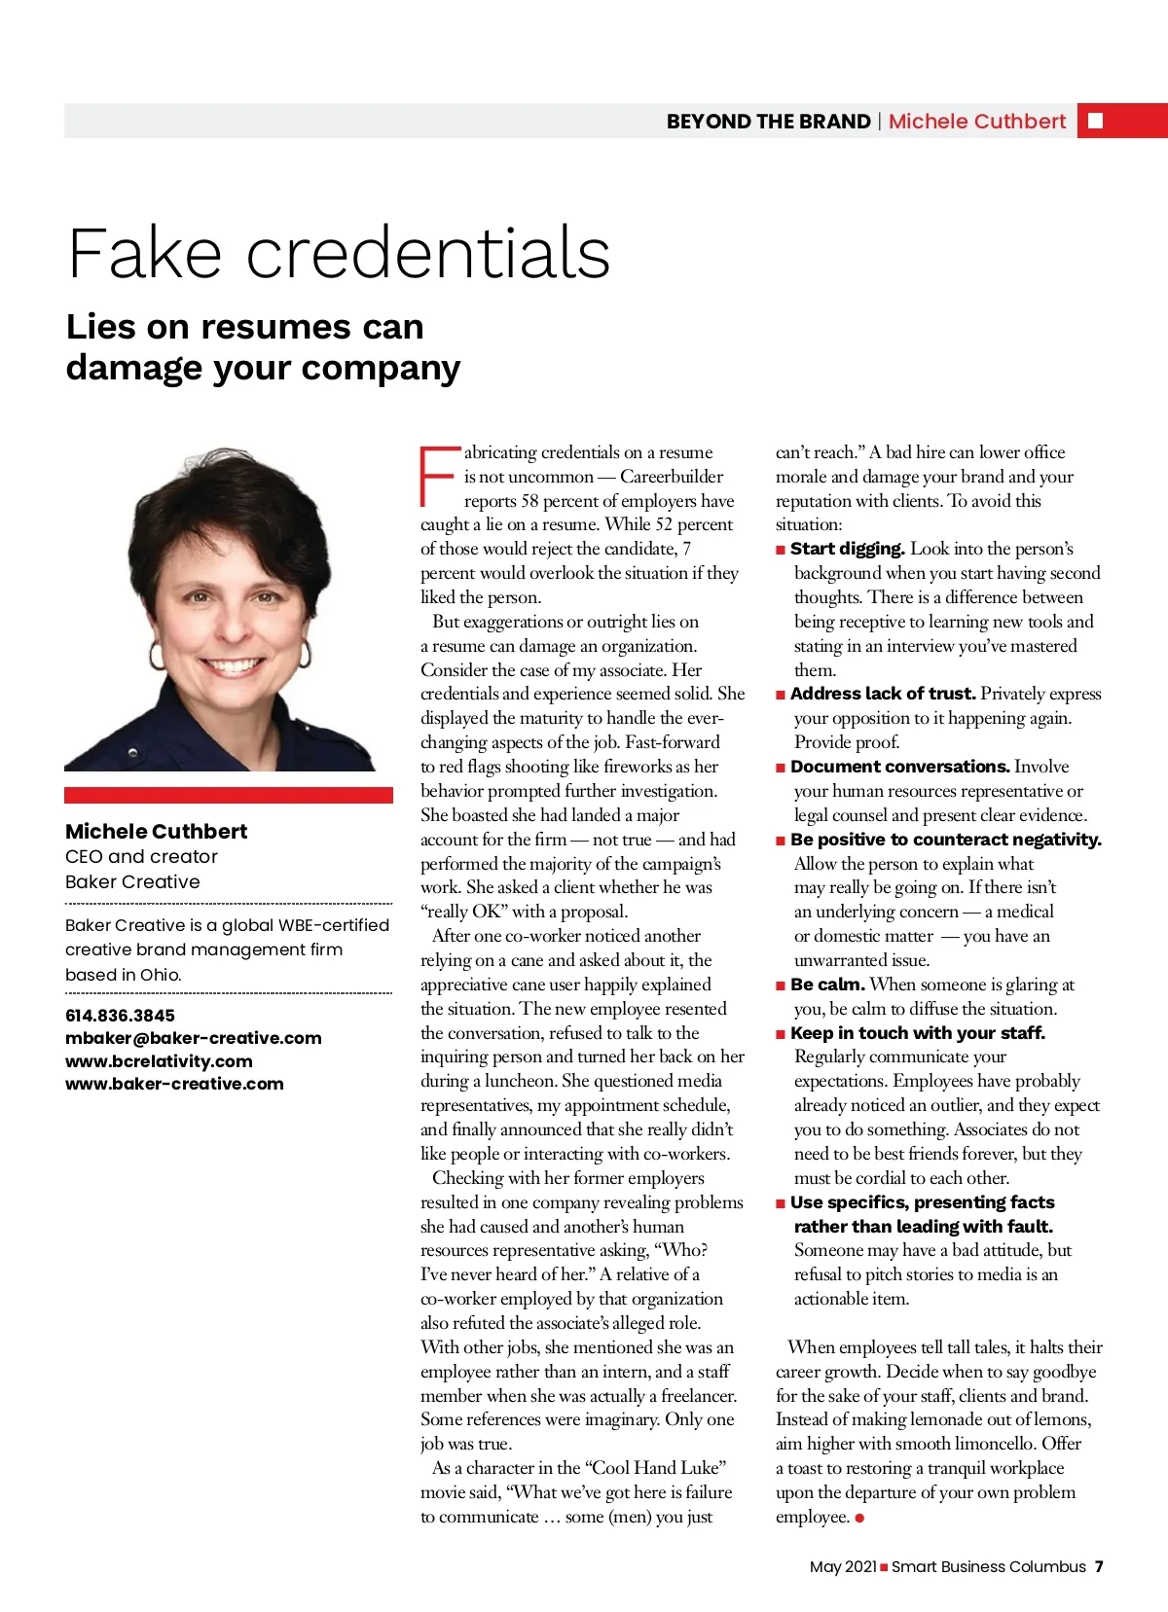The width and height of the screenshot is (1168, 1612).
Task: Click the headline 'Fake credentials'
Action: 339,253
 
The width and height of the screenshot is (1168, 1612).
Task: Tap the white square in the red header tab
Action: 1095,121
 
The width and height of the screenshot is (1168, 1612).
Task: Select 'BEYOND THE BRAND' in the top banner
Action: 768,122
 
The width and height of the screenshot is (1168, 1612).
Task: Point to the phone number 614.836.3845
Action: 120,1015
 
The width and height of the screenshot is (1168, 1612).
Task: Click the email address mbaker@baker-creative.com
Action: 193,1038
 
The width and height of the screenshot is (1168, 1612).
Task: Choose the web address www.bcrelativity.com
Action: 159,1061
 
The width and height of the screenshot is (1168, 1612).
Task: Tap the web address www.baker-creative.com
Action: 174,1084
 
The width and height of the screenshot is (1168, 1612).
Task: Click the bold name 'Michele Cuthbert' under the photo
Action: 156,831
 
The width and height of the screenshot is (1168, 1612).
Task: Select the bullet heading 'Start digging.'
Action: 847,549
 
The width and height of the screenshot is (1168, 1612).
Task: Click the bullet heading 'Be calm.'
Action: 827,985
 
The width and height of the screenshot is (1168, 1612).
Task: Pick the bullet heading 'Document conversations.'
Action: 899,767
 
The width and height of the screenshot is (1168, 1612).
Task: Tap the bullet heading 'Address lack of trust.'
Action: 882,694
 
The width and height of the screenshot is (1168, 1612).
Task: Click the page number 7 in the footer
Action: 1099,1566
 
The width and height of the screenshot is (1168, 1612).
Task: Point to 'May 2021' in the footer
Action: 843,1566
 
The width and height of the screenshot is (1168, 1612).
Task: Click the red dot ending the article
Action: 859,1518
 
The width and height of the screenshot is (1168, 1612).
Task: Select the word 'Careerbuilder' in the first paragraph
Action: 672,477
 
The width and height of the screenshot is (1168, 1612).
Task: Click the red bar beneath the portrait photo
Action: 229,795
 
